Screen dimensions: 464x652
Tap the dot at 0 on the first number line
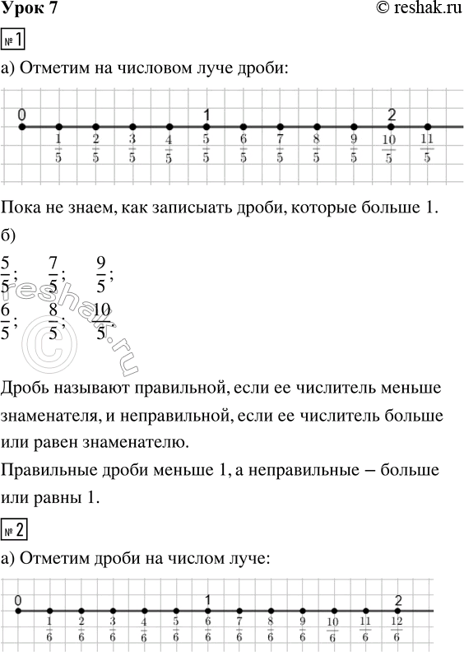tap(21, 127)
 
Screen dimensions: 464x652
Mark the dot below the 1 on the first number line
tap(206, 127)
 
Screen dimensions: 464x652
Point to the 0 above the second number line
tap(18, 599)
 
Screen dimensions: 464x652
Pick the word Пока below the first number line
tap(22, 207)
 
